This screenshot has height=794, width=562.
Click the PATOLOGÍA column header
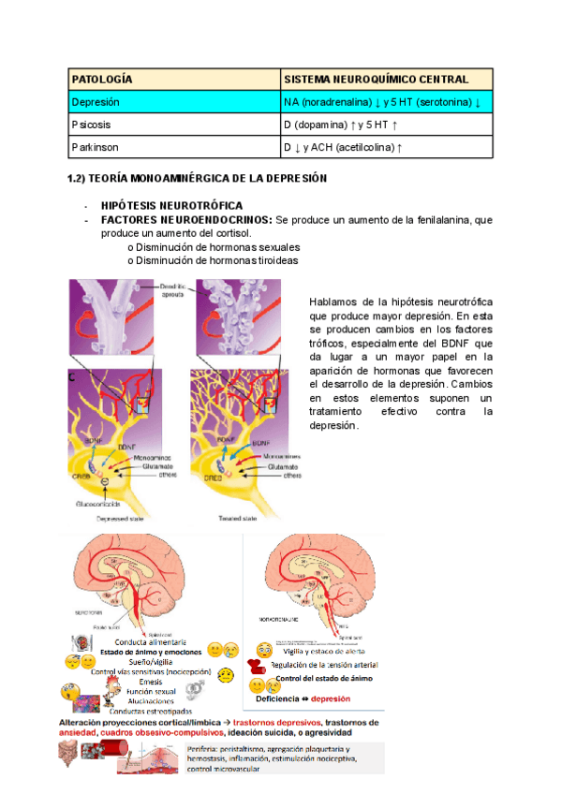pos(102,80)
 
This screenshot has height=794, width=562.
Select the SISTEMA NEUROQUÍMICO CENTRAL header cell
pos(376,80)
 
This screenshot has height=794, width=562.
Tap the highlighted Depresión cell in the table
pos(96,102)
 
